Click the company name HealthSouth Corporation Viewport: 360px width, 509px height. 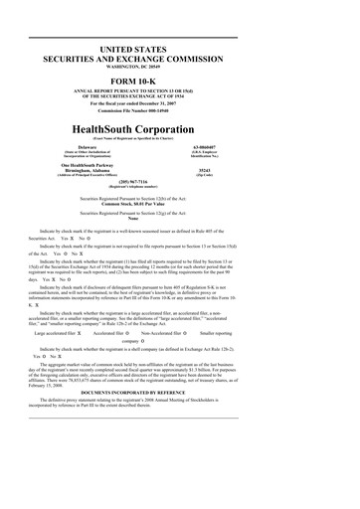tap(179, 158)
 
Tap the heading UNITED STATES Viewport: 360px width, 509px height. tap(179, 50)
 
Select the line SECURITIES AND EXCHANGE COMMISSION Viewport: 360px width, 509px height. tap(179, 60)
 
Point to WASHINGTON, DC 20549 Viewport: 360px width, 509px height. tap(179, 68)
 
